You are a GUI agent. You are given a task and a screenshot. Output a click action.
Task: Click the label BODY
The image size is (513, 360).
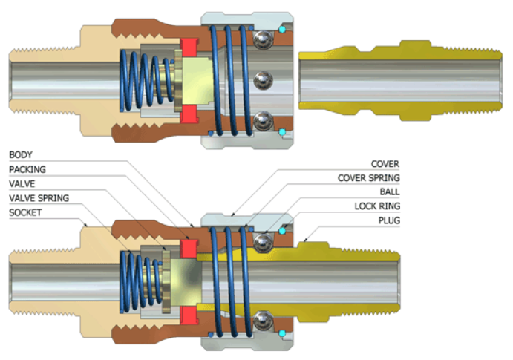20,155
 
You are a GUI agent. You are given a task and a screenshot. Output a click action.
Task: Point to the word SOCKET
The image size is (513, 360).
24,212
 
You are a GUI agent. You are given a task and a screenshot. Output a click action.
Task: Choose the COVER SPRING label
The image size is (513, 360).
368,178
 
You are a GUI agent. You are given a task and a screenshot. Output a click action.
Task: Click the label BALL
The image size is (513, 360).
388,192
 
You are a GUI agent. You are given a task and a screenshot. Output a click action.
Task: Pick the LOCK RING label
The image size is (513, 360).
376,206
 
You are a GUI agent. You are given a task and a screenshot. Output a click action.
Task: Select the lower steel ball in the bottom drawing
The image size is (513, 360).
261,321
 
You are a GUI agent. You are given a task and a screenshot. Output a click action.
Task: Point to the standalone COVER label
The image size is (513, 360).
386,164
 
